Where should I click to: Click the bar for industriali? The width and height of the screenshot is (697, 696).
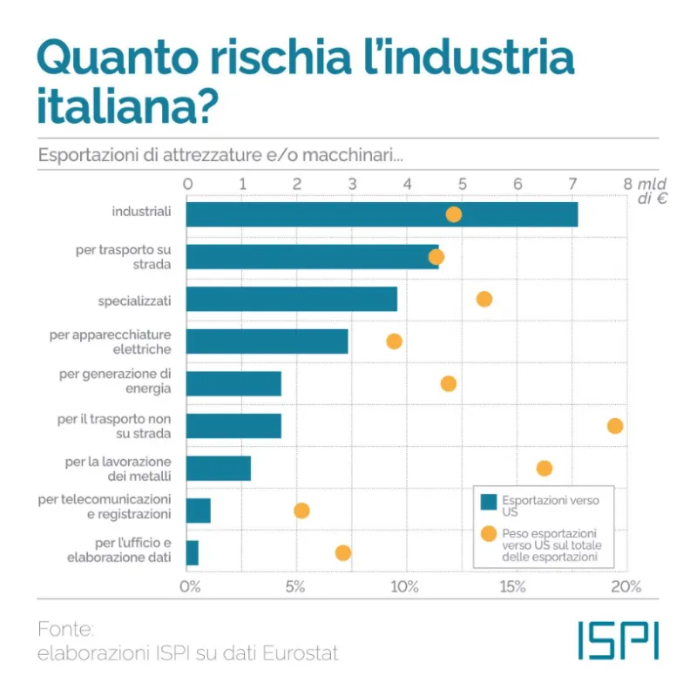tap(382, 214)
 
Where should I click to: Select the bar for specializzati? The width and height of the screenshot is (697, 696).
tap(292, 299)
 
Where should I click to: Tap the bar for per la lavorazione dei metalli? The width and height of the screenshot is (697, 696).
tap(219, 468)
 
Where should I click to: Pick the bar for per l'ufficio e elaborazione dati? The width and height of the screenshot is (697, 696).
tap(193, 552)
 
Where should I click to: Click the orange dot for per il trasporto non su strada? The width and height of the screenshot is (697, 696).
tap(615, 426)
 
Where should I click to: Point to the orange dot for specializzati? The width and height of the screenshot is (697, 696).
tap(484, 299)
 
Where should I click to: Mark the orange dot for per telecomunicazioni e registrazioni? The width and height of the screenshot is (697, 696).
tap(301, 510)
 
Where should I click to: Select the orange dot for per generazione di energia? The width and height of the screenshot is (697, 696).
tap(449, 383)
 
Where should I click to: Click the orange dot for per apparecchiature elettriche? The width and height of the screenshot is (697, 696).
tap(394, 341)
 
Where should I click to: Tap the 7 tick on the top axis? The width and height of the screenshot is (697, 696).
tap(572, 184)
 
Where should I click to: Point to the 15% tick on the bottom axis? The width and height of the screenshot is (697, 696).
tap(513, 587)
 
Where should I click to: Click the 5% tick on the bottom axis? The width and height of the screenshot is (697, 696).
tap(296, 587)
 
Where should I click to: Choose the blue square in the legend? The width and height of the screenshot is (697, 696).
tap(489, 501)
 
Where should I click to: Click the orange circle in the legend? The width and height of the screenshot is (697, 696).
tap(489, 534)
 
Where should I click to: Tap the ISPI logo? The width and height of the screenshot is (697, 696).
tap(618, 639)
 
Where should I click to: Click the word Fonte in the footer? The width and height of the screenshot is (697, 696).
tap(65, 629)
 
